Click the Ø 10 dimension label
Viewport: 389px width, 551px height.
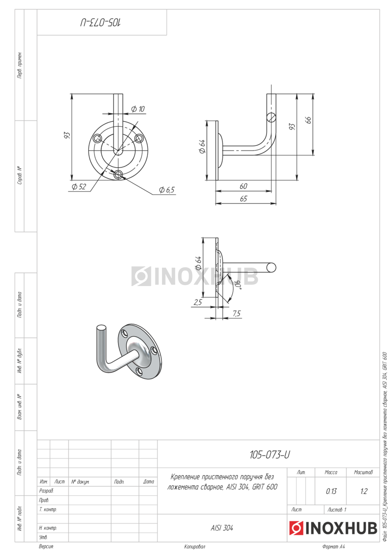point(138,109)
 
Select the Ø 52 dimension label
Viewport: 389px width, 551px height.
point(79,187)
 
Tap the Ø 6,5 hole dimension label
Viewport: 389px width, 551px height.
point(167,190)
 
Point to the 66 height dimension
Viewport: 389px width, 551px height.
point(309,120)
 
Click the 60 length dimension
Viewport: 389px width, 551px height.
point(243,186)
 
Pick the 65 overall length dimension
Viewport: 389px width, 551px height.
point(243,198)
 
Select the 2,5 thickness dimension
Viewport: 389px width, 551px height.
point(198,302)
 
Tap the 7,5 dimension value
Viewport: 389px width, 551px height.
point(237,314)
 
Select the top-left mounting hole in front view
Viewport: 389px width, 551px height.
point(97,139)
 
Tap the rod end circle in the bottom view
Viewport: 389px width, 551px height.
point(272,267)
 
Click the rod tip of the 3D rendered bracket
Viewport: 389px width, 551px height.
point(101,327)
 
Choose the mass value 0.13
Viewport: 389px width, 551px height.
point(331,491)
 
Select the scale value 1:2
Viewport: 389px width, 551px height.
point(363,491)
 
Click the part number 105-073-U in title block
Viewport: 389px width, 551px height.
point(270,455)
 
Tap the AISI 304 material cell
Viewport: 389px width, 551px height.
point(222,529)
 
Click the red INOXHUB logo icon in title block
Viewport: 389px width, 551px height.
point(295,528)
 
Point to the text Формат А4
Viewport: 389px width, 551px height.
point(333,547)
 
